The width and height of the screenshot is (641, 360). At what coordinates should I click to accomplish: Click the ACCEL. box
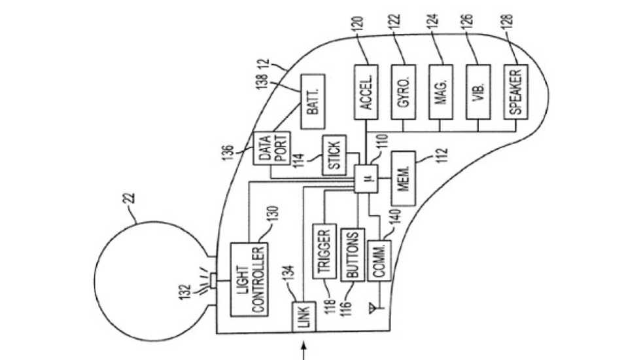366,92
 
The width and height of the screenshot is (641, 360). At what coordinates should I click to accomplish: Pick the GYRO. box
404,92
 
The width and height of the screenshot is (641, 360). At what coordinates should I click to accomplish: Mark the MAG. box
441,92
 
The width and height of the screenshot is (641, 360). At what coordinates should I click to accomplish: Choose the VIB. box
477,92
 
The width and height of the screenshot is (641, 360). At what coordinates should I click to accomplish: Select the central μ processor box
365,178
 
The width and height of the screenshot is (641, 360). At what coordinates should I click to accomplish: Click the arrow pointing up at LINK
303,350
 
